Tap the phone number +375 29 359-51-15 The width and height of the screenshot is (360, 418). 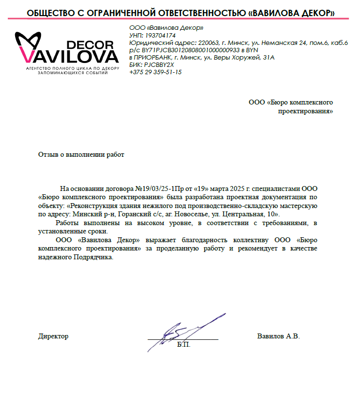[x=156, y=72]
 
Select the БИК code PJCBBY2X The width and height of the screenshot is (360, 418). [x=160, y=65]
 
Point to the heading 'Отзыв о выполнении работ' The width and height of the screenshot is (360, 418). [x=81, y=155]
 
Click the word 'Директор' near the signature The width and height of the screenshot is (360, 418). [x=53, y=336]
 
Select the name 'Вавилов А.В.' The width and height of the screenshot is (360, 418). [x=278, y=336]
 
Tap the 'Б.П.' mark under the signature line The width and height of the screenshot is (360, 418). [x=183, y=345]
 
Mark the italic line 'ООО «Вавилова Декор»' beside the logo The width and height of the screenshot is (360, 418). [x=166, y=28]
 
